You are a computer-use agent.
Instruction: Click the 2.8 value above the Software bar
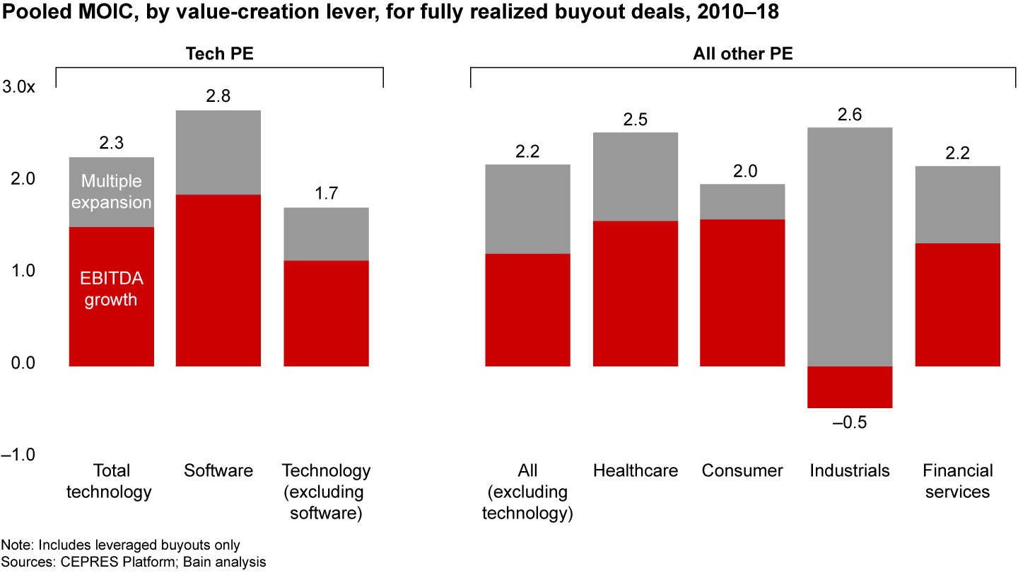coord(218,96)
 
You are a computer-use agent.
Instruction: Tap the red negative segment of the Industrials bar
coord(850,387)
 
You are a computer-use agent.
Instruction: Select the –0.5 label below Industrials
coord(850,423)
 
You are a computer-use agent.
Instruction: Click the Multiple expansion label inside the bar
coord(112,192)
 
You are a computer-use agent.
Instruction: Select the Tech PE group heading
coord(219,54)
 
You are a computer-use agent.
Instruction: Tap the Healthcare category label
coord(636,471)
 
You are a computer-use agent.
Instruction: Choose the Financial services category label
coord(957,481)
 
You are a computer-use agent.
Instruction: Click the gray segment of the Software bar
coord(218,152)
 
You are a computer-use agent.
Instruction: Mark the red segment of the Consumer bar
coord(742,293)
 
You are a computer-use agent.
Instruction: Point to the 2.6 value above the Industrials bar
coord(850,114)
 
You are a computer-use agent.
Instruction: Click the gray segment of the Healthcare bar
coord(636,177)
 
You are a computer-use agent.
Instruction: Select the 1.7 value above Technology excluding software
coord(326,194)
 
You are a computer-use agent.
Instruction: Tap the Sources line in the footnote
coord(134,562)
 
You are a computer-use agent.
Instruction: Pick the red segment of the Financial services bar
coord(957,305)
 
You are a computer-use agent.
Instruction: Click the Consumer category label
coord(742,471)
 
